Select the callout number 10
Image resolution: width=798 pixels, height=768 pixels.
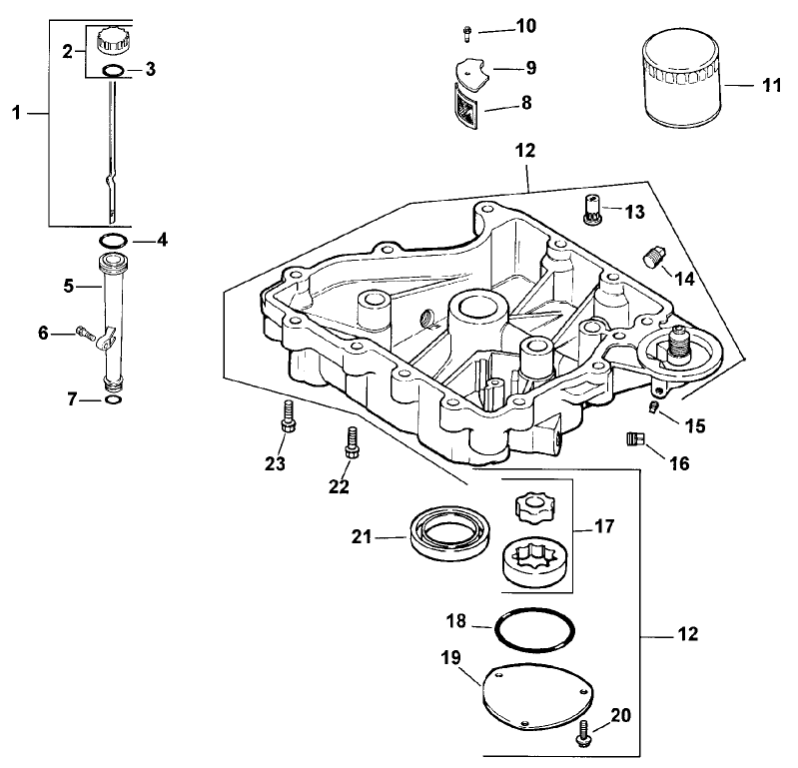(525, 25)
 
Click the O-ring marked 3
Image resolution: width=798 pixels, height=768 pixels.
(114, 71)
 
